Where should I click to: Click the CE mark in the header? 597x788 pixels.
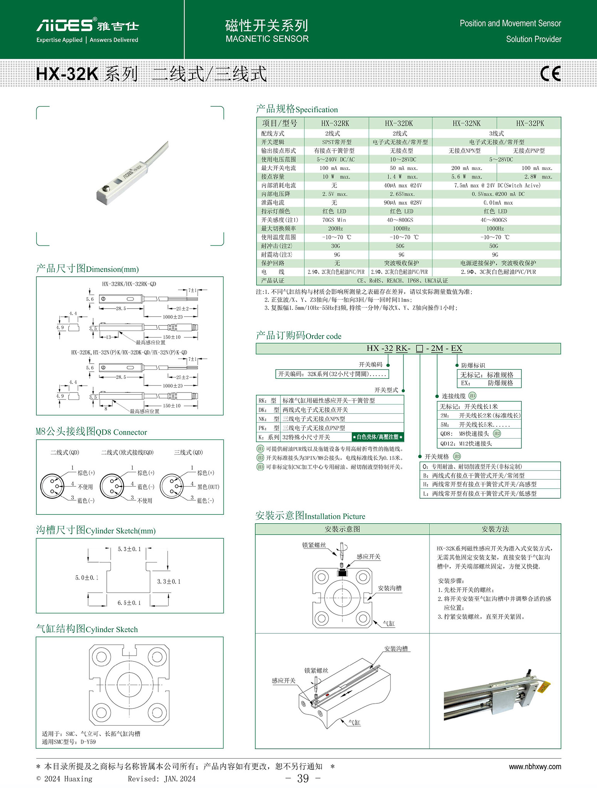pos(550,73)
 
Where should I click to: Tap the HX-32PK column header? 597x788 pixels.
pos(530,124)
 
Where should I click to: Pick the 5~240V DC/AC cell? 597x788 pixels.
pos(335,159)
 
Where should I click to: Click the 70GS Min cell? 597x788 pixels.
pos(334,220)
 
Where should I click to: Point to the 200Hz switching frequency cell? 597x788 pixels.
pos(335,229)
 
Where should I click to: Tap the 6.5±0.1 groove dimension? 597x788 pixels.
pos(129,603)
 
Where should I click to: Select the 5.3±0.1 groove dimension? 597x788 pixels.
pos(129,549)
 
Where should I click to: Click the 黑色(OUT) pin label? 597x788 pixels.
pos(208,487)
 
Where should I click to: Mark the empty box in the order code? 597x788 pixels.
pos(419,349)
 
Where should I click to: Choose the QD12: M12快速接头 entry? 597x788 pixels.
pos(466,443)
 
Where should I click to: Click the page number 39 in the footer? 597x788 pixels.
pos(303,778)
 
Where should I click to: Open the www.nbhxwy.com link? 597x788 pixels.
pos(535,766)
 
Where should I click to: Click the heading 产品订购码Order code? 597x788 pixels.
pos(298,336)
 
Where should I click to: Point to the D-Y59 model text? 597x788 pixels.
pos(88,742)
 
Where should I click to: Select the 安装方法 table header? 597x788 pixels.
pos(495,529)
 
